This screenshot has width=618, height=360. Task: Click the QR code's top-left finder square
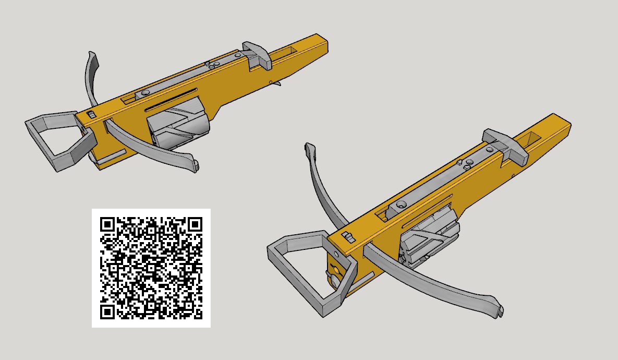coord(107,224)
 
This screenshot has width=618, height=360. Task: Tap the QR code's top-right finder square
coord(195,224)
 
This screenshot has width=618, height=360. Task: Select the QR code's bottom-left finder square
coord(107,312)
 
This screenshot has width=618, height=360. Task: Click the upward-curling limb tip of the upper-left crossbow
coord(92,56)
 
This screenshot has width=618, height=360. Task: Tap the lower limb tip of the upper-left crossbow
coord(195,166)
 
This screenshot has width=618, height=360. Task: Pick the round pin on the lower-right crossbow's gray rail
coord(401,205)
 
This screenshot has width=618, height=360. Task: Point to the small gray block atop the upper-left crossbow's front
coord(92,114)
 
